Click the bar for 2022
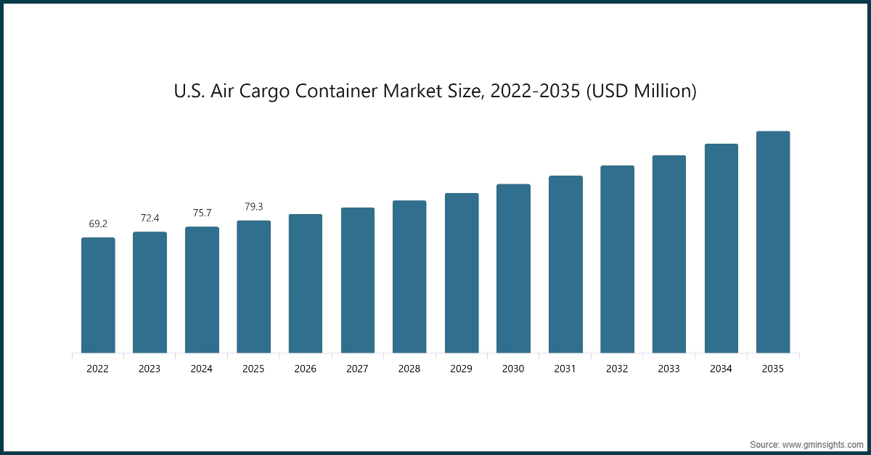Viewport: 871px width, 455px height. click(x=98, y=295)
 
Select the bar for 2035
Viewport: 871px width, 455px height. click(x=772, y=242)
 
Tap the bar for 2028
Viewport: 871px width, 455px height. click(x=409, y=276)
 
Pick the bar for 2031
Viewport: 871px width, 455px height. click(x=565, y=264)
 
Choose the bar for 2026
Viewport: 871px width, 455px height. click(x=306, y=284)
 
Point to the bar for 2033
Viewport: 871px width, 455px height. click(x=668, y=254)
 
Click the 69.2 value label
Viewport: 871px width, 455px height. click(x=98, y=224)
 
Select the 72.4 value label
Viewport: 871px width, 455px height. click(x=150, y=218)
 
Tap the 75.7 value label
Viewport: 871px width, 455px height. click(x=202, y=213)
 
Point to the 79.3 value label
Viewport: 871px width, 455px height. click(x=253, y=208)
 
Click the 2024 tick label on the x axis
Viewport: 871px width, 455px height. click(x=202, y=369)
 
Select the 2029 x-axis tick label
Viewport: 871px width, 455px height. click(x=461, y=369)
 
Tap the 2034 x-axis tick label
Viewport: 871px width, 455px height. click(x=721, y=369)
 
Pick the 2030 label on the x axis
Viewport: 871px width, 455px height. click(x=513, y=369)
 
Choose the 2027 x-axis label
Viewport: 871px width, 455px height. click(x=357, y=369)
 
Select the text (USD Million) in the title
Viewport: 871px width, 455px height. click(x=645, y=92)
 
